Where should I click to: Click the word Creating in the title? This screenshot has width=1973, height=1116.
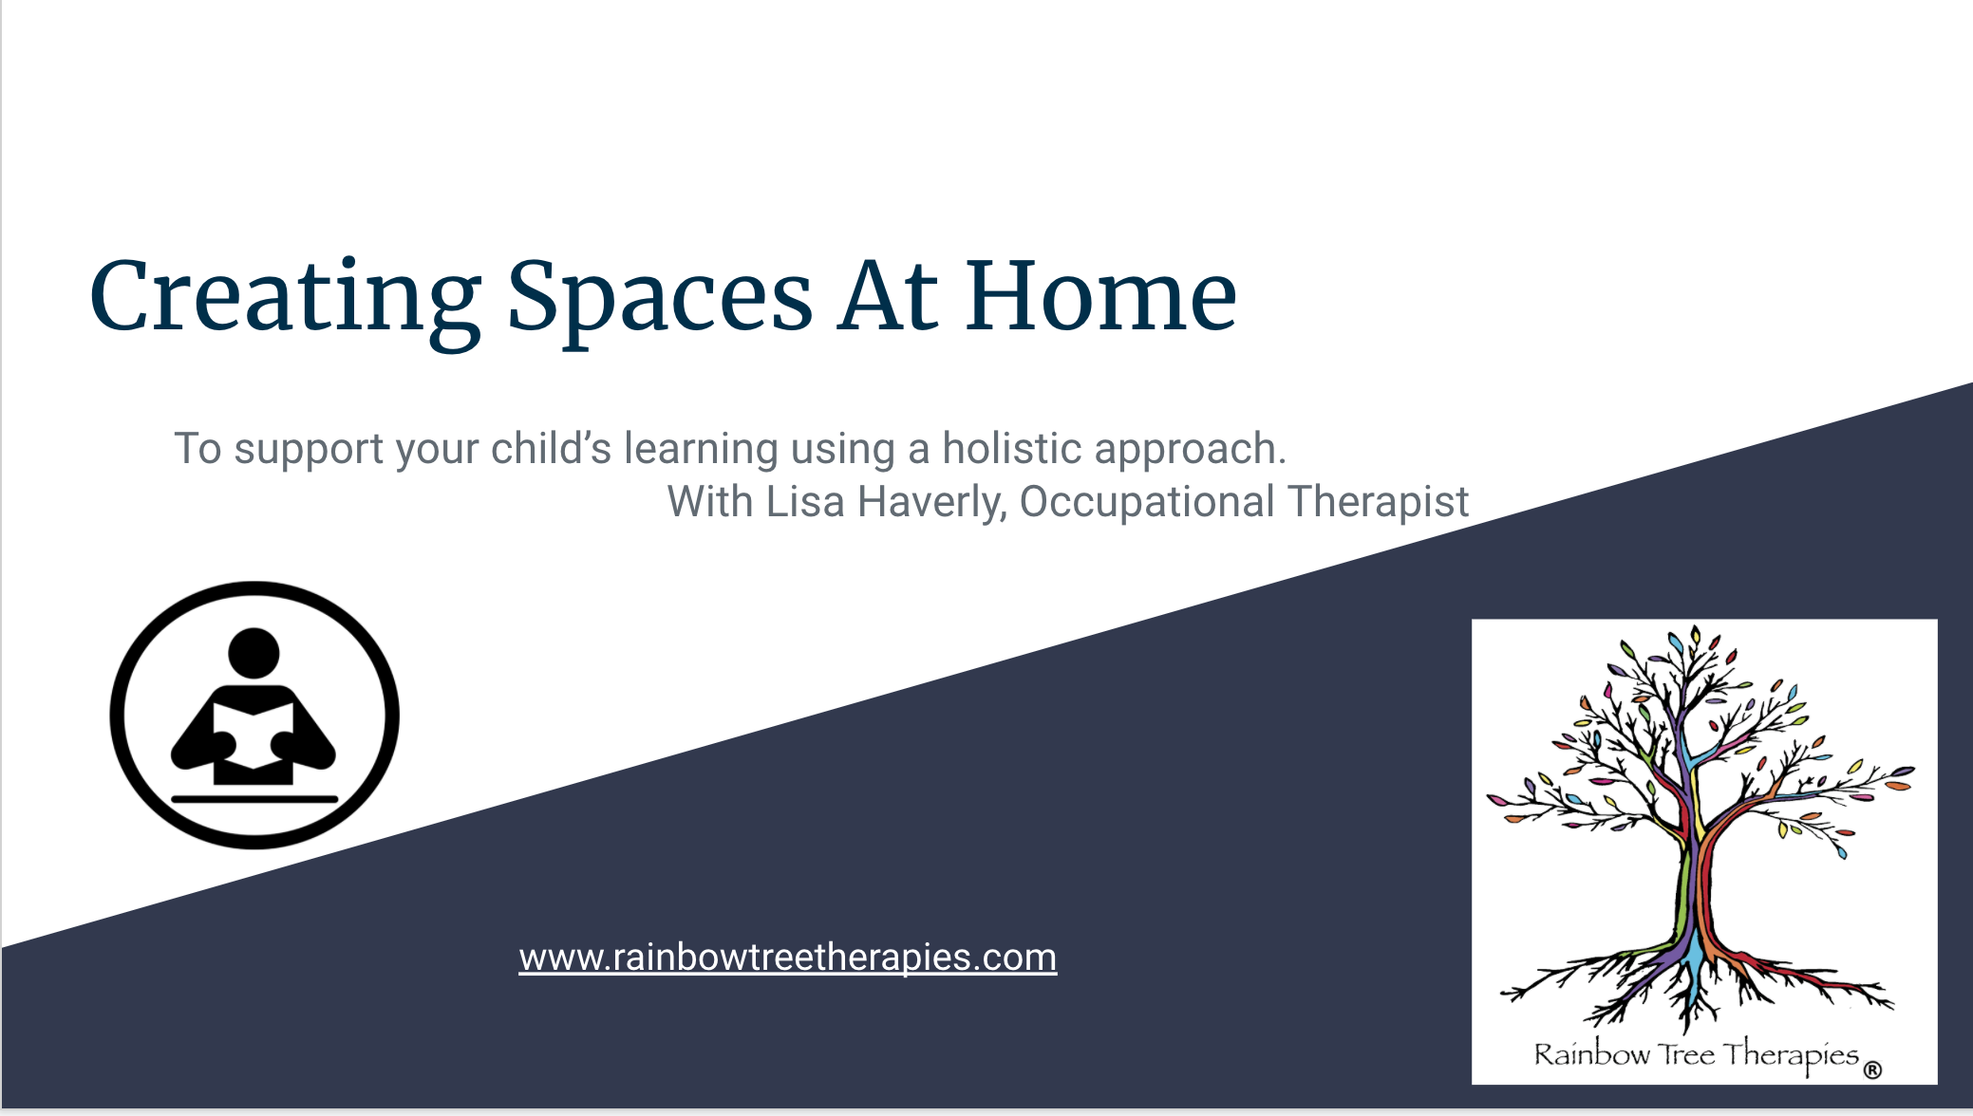(x=286, y=300)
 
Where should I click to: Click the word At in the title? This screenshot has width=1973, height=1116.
(x=888, y=295)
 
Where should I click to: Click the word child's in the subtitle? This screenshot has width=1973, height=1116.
(x=551, y=448)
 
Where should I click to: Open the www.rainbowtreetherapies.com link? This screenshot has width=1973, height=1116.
(x=788, y=957)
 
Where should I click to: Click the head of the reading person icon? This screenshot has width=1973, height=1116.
(x=254, y=653)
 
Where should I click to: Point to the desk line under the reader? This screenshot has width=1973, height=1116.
(x=254, y=799)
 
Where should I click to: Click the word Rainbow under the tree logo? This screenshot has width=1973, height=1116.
(x=1592, y=1054)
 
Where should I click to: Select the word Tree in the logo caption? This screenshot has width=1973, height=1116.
(x=1685, y=1053)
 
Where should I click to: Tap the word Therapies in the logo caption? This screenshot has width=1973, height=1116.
(x=1790, y=1056)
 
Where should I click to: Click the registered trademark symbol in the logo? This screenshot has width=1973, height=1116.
(x=1872, y=1070)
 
